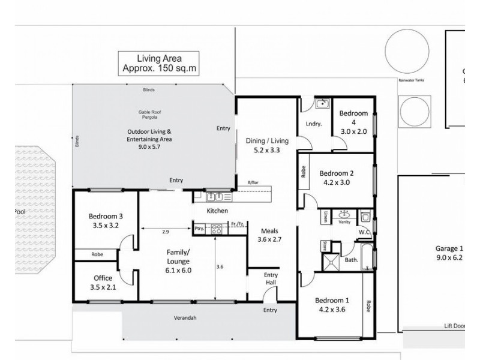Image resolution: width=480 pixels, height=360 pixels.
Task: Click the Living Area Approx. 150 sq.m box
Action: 160,63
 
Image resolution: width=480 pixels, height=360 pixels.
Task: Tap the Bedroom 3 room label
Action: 106,222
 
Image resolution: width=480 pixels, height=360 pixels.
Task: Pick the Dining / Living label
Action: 268,146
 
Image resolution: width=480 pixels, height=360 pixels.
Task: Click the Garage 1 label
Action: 449,254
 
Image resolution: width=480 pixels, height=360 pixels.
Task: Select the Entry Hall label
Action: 271,279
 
